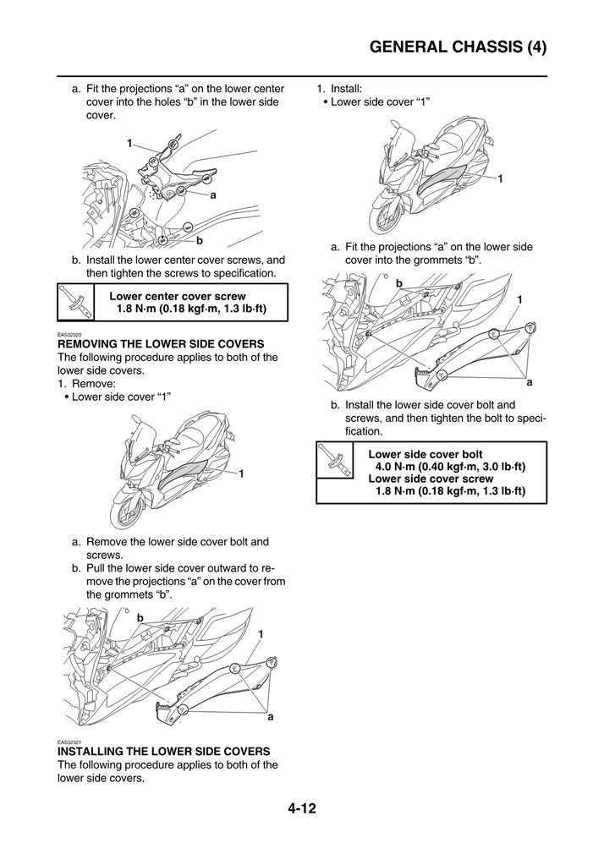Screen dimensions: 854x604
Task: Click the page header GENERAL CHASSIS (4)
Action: pos(458,47)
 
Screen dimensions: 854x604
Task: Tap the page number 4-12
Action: pos(301,808)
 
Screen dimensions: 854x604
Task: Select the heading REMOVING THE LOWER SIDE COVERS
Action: pos(161,344)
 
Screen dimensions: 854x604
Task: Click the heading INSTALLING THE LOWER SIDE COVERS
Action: pos(163,751)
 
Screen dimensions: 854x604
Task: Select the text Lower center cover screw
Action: pos(178,296)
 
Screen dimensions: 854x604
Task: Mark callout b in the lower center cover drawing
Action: pos(199,240)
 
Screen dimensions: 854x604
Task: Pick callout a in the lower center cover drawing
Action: pos(213,194)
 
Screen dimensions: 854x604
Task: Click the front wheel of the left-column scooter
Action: pos(124,512)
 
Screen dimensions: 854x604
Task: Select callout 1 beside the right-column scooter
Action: pos(500,179)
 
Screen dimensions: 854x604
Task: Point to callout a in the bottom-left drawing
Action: pos(271,717)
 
